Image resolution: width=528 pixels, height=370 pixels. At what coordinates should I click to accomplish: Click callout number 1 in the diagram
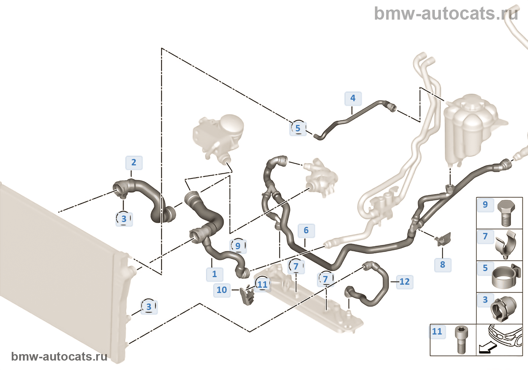(x=214, y=274)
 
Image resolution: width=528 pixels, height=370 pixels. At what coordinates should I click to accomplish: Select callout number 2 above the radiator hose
(x=134, y=163)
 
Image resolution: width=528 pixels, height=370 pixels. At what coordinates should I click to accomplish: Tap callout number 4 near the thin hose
(x=353, y=98)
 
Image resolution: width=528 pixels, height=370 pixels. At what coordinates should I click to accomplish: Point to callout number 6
(x=306, y=230)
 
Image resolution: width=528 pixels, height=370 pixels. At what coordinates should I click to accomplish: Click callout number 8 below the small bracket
(x=442, y=265)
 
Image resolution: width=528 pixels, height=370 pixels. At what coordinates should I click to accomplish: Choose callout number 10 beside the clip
(x=222, y=290)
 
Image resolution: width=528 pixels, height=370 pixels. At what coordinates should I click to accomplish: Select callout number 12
(x=404, y=282)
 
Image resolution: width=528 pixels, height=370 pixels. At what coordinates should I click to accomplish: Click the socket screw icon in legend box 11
(x=460, y=339)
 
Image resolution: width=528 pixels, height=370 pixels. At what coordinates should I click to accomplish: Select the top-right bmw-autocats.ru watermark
(x=446, y=14)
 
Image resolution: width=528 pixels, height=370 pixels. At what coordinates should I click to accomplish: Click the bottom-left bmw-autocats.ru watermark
(x=59, y=356)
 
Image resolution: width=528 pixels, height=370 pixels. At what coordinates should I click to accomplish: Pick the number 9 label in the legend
(x=485, y=205)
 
